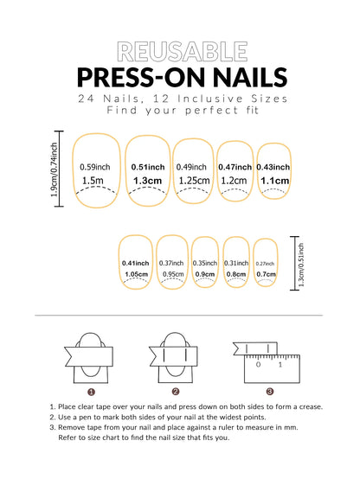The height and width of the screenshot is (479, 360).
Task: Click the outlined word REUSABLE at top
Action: pos(179,51)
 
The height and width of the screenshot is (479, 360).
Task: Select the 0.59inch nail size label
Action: pos(94,167)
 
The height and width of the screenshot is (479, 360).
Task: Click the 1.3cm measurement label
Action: pos(147,181)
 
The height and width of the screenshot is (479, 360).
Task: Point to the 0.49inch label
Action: pos(191,167)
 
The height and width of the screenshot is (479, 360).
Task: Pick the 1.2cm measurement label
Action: pos(234,181)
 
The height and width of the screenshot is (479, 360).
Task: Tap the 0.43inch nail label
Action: pos(273,167)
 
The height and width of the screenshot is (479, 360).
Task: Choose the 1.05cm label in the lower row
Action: pos(137,275)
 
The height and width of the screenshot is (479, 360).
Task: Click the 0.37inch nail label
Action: pos(171,263)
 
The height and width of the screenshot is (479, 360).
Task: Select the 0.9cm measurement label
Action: pos(205,275)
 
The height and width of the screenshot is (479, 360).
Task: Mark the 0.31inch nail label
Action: pos(235,263)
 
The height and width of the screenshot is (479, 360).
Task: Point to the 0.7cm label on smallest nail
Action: pos(266,275)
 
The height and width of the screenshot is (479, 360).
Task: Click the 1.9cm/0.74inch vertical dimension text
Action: pos(55,171)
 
